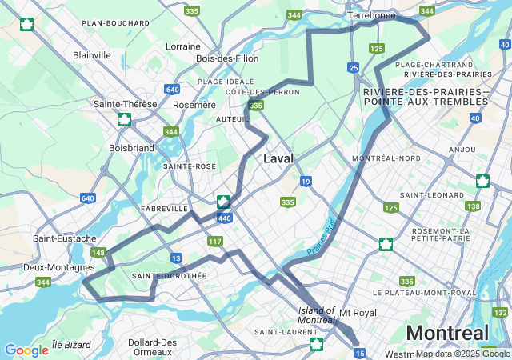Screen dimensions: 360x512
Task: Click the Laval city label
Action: (278, 158)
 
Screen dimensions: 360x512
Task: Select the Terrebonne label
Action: (371, 15)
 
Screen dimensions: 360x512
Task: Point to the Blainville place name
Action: (91, 55)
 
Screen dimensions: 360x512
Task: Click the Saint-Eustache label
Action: (65, 238)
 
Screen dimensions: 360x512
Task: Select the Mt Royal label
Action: (358, 312)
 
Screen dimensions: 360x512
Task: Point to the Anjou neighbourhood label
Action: (462, 149)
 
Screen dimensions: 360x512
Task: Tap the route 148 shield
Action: (98, 253)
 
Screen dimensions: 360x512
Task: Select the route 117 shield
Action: (214, 242)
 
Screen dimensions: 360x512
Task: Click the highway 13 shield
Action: (175, 258)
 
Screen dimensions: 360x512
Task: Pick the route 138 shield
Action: (474, 206)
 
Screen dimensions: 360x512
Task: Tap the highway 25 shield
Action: (354, 68)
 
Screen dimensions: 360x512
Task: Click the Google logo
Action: (26, 350)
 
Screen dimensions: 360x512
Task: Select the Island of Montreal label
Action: (316, 315)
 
